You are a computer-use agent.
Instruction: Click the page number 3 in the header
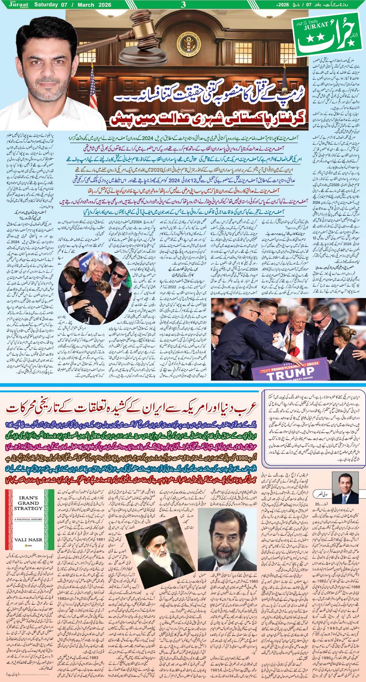pos(183,5)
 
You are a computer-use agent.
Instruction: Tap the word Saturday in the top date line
pos(46,4)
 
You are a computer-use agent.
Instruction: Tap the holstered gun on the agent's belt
pos(234,368)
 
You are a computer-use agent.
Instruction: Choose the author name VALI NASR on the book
pos(28,539)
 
